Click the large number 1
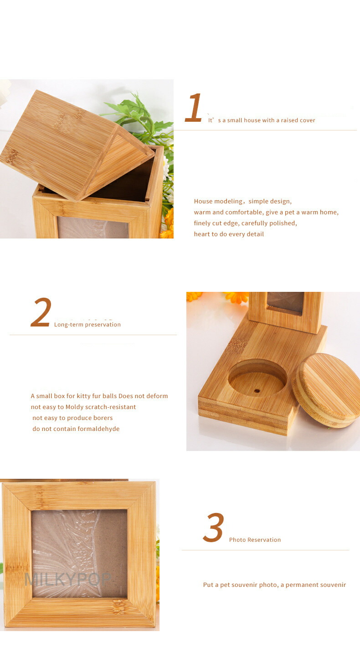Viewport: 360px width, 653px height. (193, 107)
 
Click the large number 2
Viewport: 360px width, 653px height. (41, 312)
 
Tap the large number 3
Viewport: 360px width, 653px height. (214, 527)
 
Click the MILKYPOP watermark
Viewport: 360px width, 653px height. (68, 579)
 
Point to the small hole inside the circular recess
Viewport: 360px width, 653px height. (257, 391)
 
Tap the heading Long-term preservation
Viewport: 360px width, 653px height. (87, 325)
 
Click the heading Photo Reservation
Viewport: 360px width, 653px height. (255, 539)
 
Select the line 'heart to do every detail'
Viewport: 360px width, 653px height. (229, 234)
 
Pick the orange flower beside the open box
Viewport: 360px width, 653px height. (167, 224)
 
